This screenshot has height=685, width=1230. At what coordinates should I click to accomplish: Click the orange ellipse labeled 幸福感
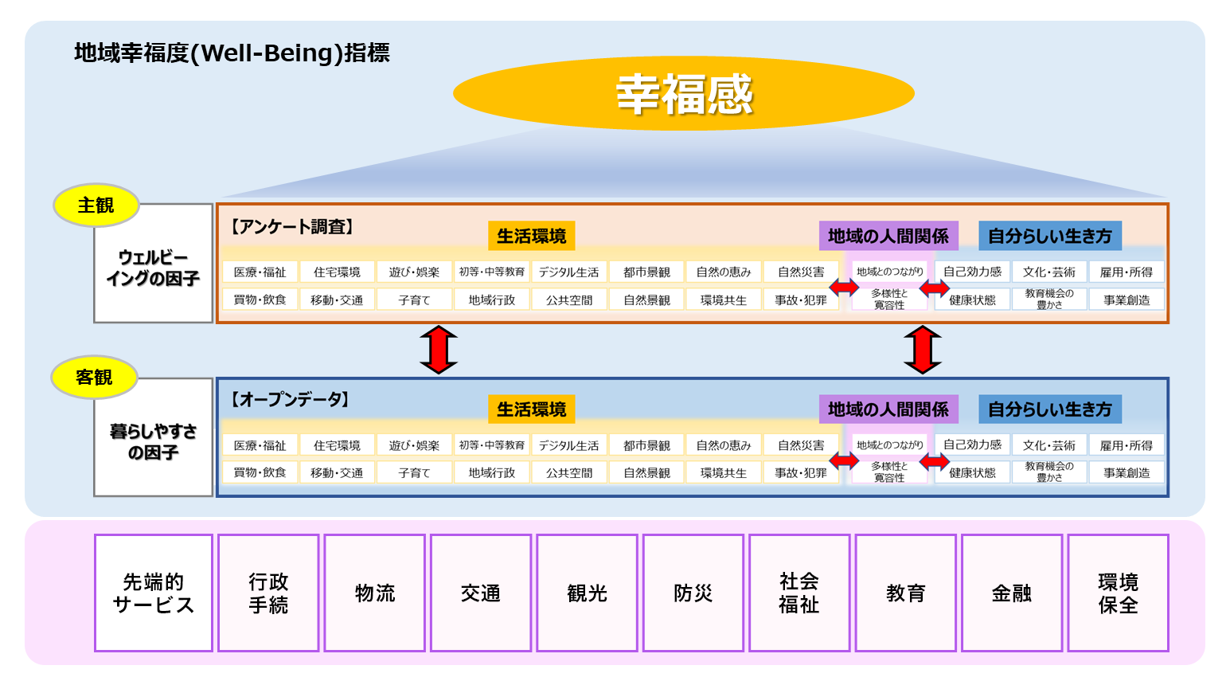[683, 93]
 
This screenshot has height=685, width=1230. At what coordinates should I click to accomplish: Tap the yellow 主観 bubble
[96, 205]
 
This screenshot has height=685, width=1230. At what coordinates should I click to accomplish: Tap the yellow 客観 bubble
[94, 378]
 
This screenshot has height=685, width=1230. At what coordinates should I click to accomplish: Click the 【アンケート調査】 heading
[291, 227]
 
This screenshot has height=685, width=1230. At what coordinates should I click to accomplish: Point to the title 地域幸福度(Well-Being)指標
[232, 53]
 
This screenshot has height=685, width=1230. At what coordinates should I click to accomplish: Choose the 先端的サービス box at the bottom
[154, 593]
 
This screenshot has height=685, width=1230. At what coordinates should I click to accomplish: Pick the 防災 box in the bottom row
[693, 593]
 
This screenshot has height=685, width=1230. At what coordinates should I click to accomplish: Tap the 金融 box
[1011, 593]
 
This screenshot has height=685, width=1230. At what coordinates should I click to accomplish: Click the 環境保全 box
[1118, 593]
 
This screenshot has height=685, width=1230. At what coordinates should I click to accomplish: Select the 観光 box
[587, 593]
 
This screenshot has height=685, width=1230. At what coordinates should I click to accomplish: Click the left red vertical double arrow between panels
[439, 350]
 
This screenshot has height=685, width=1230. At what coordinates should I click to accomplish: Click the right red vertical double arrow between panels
[923, 350]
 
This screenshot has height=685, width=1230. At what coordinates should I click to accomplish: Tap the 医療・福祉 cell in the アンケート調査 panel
[260, 272]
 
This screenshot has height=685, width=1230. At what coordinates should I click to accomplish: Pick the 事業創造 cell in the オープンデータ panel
[1127, 472]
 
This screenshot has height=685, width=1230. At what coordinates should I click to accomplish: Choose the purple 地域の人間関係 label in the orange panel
[888, 236]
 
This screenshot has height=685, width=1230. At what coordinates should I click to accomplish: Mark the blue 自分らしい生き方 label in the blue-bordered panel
[1049, 409]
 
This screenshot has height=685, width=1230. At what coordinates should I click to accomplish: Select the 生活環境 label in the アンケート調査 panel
[531, 236]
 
